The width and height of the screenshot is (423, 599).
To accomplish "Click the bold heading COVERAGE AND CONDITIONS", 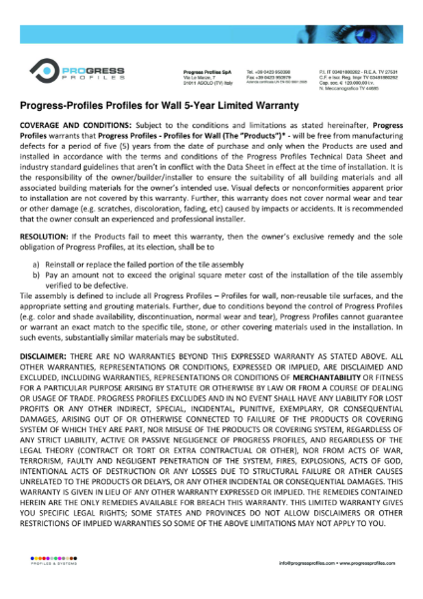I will tap(76, 127).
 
